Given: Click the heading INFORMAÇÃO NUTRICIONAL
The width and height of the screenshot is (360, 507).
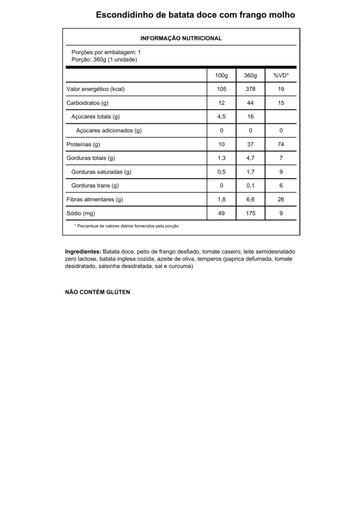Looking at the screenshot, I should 181,38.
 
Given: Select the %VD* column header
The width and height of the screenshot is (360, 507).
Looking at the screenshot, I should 281,75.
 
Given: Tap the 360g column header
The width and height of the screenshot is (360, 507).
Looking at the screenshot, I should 251,75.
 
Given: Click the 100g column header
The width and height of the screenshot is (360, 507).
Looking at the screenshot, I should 221,75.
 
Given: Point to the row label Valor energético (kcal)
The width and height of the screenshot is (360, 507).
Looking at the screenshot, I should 95,89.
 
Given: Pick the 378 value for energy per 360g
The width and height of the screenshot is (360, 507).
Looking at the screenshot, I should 251,89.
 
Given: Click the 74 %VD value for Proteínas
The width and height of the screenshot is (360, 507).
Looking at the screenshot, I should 281,144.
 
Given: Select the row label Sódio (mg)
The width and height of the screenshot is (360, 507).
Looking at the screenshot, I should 81,213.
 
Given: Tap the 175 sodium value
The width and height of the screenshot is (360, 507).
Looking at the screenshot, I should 251,213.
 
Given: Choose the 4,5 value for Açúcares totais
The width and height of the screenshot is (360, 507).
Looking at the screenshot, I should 221,117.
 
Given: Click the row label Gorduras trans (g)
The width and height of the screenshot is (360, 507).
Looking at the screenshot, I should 95,186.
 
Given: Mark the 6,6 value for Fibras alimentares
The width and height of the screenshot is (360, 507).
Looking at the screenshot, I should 251,200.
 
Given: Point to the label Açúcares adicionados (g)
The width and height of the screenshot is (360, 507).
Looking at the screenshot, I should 109,131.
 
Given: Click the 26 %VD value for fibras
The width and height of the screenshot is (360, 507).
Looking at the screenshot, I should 281,200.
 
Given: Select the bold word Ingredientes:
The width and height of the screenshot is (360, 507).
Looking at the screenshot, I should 83,252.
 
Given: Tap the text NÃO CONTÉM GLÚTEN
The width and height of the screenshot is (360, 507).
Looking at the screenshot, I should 98,292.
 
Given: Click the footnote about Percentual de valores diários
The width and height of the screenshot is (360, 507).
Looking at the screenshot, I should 126,226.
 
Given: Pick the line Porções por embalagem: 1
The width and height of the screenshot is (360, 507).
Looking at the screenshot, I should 106,52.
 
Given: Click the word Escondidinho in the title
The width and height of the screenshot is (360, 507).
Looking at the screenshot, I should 124,15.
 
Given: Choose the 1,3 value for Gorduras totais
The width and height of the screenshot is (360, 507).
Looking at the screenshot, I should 221,158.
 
